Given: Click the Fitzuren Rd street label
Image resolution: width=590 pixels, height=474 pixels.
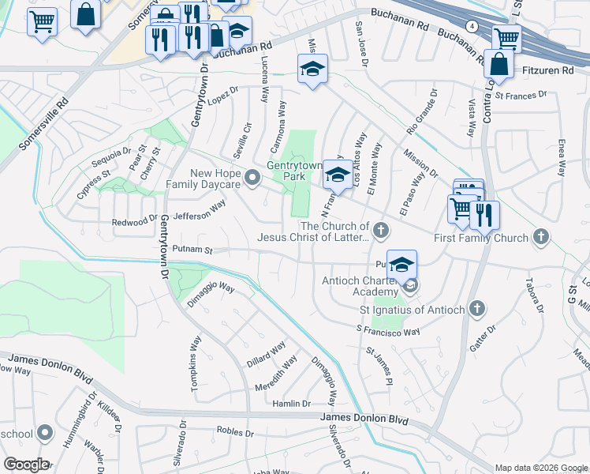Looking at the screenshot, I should coord(548,70).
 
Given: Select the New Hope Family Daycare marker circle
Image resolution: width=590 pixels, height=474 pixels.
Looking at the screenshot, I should coord(252,179).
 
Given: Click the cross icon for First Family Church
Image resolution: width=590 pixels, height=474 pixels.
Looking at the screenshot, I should coord(541,236).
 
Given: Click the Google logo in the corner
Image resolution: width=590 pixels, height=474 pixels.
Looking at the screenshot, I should coord(25,465).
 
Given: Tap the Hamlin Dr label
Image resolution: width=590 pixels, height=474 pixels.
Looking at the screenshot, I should coord(292,403).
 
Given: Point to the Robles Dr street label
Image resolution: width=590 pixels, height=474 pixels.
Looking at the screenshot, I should coord(234,433).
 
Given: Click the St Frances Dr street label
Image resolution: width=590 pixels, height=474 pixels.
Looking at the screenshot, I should coord(521,96).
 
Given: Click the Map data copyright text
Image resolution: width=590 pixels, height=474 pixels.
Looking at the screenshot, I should coord(541,468).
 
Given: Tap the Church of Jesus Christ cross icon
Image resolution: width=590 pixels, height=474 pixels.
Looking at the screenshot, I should coord(381,230).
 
